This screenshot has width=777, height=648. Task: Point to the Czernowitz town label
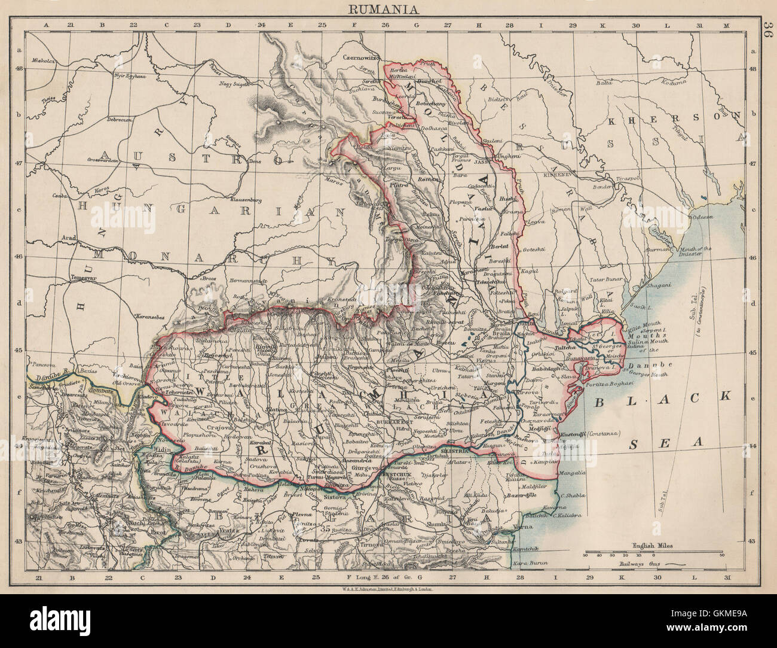point(362,58)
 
